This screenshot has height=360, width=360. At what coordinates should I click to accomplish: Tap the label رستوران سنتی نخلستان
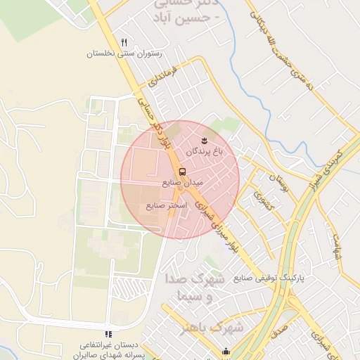coord(124,53)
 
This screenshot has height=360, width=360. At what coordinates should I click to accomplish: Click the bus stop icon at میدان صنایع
coord(182,171)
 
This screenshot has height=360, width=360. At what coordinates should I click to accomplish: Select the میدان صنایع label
coord(182,182)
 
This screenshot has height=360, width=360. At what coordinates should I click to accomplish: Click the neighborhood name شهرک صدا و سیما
coord(195,287)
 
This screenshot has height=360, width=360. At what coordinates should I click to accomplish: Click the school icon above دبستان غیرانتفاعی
coord(108,334)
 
